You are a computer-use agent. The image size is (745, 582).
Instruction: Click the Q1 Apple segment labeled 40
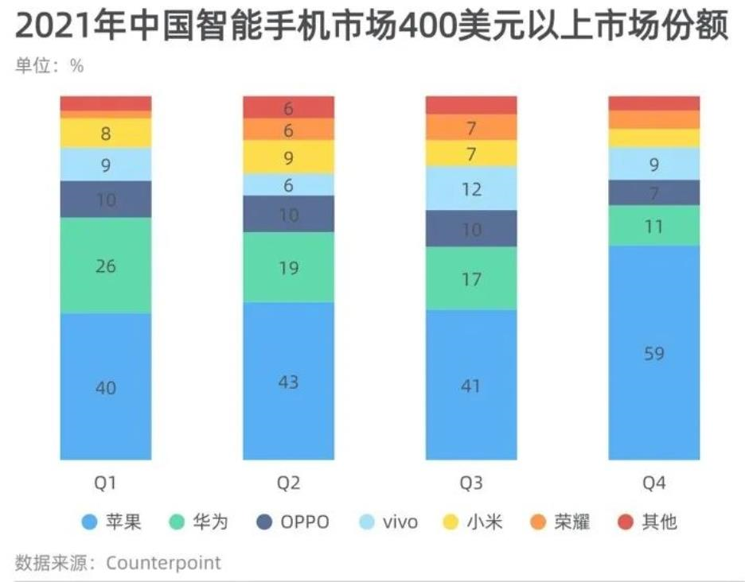106,387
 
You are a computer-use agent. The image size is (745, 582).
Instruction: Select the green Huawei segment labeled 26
106,266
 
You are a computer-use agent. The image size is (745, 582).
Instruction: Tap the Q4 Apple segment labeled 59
654,352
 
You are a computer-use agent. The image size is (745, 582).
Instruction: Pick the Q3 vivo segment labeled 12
471,188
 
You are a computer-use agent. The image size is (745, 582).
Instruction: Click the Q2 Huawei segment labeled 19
289,268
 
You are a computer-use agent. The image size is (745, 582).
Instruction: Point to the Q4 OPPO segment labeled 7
654,193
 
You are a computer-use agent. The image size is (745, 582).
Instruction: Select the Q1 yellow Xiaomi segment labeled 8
106,134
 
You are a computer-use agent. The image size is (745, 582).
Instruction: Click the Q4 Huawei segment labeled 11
654,226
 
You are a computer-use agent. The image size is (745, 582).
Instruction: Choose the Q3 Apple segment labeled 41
471,385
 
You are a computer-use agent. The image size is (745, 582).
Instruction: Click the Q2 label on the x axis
289,483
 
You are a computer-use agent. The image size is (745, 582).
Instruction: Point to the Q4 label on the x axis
654,483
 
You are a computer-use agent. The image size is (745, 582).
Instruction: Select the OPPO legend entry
294,522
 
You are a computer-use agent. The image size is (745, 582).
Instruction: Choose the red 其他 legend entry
649,522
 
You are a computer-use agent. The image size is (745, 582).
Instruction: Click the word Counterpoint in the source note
163,563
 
